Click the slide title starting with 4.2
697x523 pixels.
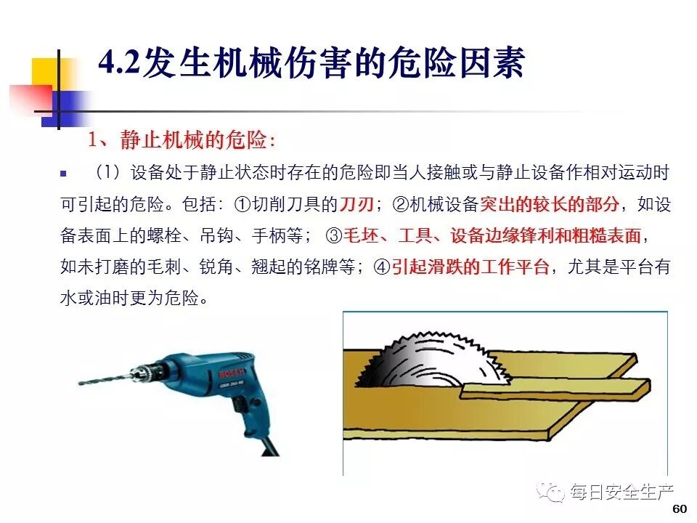(x=311, y=62)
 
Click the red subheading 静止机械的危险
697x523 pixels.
(x=193, y=140)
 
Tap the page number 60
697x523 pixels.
(x=680, y=509)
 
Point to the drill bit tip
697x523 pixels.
(x=80, y=383)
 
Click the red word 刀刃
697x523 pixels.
(x=356, y=205)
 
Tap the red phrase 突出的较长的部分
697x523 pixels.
(x=550, y=205)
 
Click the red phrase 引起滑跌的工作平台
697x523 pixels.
(x=470, y=267)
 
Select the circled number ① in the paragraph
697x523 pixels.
(x=242, y=205)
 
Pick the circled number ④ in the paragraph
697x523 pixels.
(x=382, y=267)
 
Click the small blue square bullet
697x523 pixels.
(x=64, y=174)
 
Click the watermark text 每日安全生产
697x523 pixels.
(x=622, y=492)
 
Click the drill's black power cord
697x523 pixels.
(x=269, y=446)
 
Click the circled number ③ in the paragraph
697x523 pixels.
(x=333, y=236)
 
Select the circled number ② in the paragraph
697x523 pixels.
(x=401, y=205)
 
